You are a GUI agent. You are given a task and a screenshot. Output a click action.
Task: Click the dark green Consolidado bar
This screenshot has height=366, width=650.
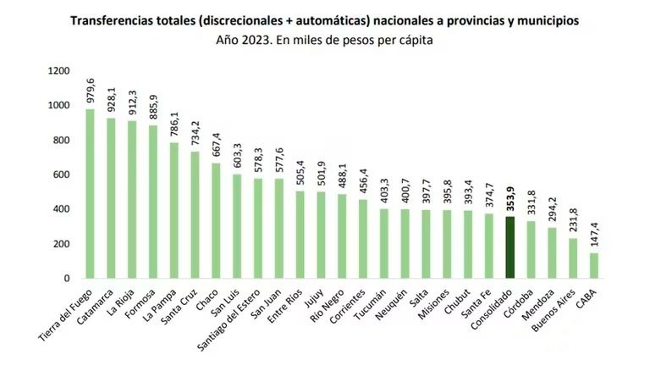click(x=510, y=247)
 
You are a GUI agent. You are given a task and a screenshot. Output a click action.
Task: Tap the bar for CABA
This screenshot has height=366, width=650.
click(x=594, y=265)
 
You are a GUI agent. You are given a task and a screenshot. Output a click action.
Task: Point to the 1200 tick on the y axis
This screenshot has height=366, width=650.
click(x=59, y=70)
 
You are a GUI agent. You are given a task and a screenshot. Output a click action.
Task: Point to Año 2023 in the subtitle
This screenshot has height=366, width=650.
click(x=245, y=41)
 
